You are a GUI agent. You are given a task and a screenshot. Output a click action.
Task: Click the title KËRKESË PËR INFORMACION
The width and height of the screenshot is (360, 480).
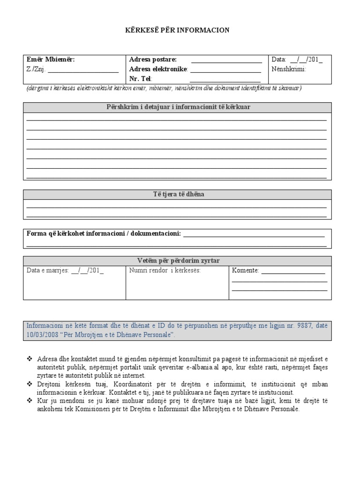pyautogui.click(x=180, y=30)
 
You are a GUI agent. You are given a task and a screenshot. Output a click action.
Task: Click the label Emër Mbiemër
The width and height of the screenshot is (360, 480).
pyautogui.click(x=51, y=60)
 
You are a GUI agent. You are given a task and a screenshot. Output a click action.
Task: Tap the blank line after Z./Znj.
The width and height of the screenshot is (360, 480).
pyautogui.click(x=83, y=71)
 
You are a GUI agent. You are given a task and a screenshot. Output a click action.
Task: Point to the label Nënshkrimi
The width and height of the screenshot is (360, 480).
pyautogui.click(x=288, y=69)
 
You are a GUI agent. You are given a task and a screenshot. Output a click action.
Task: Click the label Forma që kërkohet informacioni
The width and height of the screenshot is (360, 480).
pyautogui.click(x=103, y=233)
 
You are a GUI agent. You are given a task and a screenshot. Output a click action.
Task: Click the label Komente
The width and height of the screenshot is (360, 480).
pyautogui.click(x=245, y=270)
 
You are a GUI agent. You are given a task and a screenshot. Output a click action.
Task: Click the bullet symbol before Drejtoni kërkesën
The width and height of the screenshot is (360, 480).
pyautogui.click(x=30, y=384)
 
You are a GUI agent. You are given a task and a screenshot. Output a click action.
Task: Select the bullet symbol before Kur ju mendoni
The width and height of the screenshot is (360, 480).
pyautogui.click(x=30, y=401)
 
